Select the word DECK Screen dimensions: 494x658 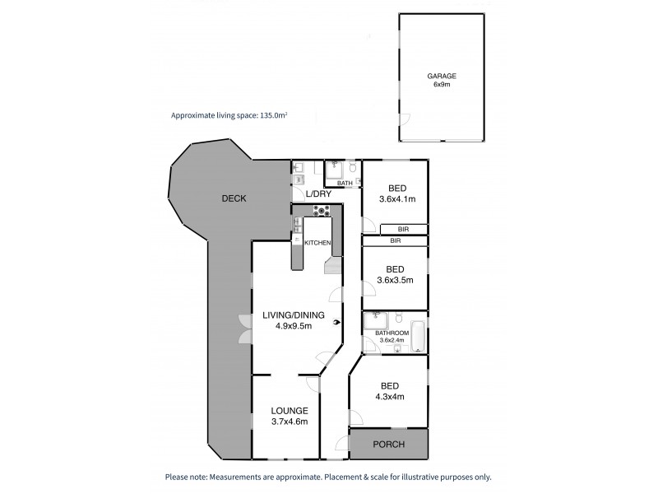235,198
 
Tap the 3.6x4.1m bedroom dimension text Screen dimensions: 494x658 396,198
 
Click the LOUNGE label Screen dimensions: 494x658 291,411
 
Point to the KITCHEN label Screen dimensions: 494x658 317,243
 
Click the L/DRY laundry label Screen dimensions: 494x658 317,194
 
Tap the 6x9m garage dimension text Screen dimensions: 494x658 443,84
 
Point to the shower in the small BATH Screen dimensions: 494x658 334,171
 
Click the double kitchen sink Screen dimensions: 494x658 299,231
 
